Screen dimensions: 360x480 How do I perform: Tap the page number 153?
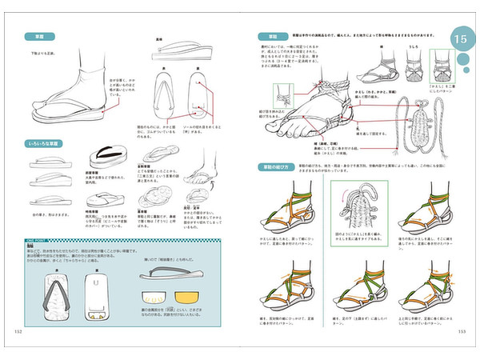462,332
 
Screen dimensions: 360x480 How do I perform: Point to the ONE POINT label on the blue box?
34,239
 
